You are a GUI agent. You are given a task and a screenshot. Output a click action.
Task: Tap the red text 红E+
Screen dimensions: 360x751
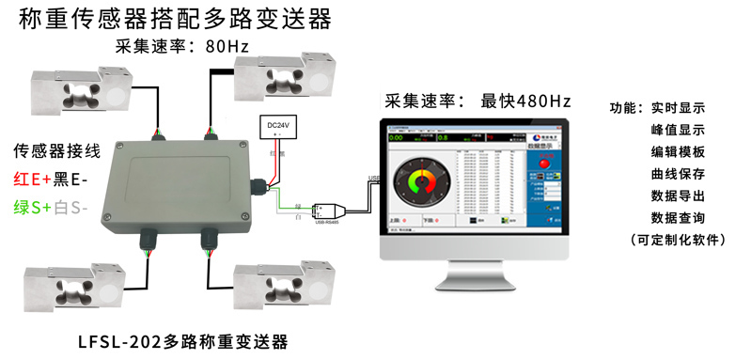[31, 180]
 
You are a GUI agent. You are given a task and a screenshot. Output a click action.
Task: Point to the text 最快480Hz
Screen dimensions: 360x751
[525, 101]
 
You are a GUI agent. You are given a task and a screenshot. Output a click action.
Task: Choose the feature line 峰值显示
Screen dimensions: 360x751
[677, 130]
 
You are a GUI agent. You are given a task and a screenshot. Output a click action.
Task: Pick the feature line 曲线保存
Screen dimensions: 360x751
[677, 174]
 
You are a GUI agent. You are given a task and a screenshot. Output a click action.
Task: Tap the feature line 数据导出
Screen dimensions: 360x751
[677, 196]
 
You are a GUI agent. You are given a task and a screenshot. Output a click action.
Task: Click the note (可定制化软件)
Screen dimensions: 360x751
[677, 240]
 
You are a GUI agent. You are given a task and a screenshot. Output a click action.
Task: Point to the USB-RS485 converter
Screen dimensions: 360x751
[332, 211]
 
